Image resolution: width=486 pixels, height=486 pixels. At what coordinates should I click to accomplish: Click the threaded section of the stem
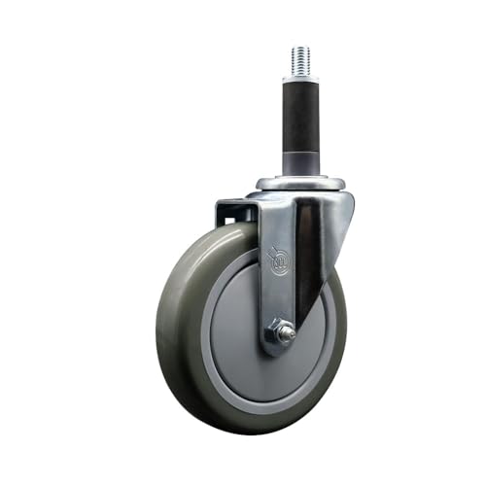point(299,59)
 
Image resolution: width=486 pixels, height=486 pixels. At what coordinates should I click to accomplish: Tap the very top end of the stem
point(299,45)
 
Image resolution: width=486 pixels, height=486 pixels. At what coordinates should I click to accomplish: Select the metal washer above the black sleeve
point(299,79)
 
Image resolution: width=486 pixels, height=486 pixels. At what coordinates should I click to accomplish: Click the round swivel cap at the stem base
point(300,182)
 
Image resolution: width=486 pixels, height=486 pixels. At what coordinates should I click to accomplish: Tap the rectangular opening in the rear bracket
point(229,214)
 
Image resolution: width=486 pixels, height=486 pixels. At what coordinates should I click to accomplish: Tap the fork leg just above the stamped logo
point(277,228)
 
